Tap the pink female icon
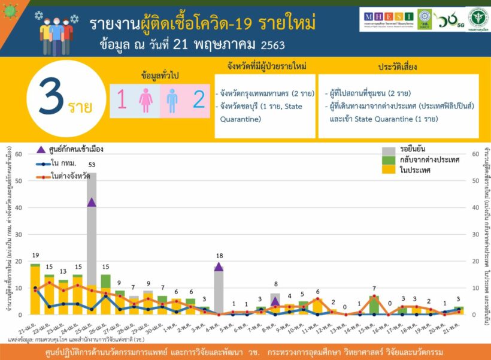(x=146, y=100)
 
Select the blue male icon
(x=172, y=100)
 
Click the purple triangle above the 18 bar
(x=219, y=267)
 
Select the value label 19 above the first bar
(x=35, y=256)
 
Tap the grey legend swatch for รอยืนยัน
(x=389, y=150)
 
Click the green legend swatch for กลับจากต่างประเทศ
(x=389, y=160)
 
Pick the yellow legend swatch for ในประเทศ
(x=389, y=170)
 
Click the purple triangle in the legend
(x=41, y=150)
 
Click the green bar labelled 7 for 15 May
(x=374, y=305)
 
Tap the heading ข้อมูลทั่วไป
(x=160, y=76)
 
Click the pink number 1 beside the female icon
(x=122, y=100)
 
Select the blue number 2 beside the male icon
(x=198, y=100)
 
